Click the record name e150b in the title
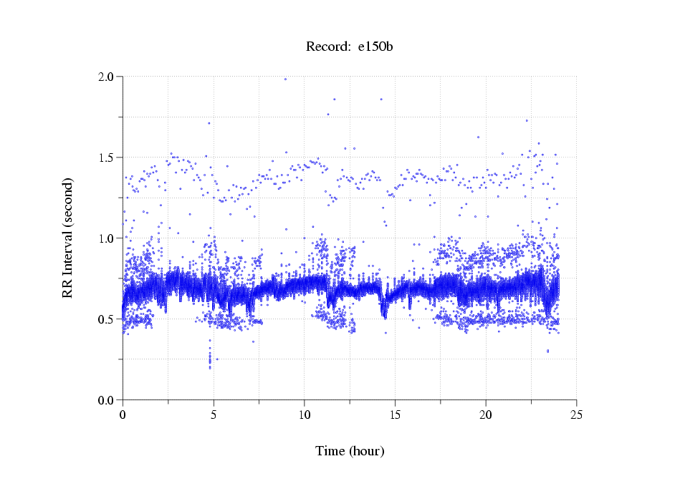click(x=376, y=47)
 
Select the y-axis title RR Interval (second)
click(x=67, y=238)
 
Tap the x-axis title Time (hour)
click(x=350, y=451)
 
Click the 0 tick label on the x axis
click(x=123, y=415)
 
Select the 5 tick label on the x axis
click(x=214, y=415)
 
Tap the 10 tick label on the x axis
click(x=305, y=415)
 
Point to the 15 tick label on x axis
click(x=395, y=415)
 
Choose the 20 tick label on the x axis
click(x=486, y=415)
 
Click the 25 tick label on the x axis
click(x=577, y=415)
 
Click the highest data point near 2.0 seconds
click(x=285, y=79)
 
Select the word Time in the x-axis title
click(x=330, y=451)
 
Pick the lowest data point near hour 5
click(x=210, y=367)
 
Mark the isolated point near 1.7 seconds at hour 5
click(x=209, y=123)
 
